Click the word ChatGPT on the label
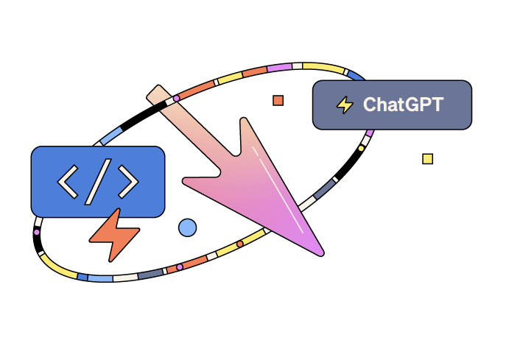[x=403, y=105]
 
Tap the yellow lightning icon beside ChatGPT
[x=344, y=105]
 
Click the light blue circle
[x=187, y=227]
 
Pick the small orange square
[x=278, y=100]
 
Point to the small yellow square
[x=427, y=158]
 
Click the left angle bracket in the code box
[x=68, y=181]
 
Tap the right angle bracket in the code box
[x=127, y=181]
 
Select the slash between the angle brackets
[x=97, y=180]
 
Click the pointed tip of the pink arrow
[x=321, y=254]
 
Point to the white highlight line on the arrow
[x=278, y=188]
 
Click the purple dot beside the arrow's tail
[x=176, y=98]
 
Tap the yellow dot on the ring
[x=361, y=148]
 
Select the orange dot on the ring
[x=239, y=244]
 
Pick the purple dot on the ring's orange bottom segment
[x=179, y=267]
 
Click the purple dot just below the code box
[x=36, y=232]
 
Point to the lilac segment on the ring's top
[x=279, y=67]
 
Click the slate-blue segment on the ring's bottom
[x=150, y=273]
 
